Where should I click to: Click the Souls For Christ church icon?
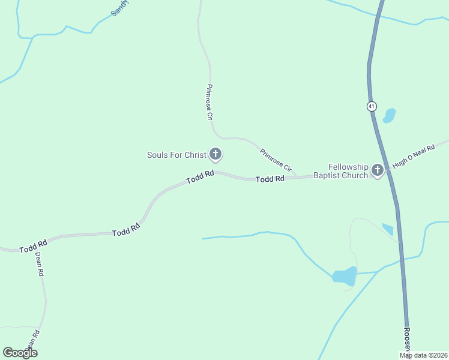click(x=215, y=155)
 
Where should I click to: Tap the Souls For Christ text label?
click(x=176, y=155)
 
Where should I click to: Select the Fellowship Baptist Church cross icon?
click(x=378, y=170)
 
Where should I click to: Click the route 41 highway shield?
click(x=372, y=106)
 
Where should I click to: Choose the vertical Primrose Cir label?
click(x=209, y=103)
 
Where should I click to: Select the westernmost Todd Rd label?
click(x=33, y=246)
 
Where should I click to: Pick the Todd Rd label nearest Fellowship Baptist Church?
click(x=270, y=179)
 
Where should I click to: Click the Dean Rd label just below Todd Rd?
click(x=39, y=263)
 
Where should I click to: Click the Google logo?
click(x=20, y=353)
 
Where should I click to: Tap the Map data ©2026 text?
click(x=424, y=355)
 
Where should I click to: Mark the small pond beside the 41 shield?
click(x=390, y=115)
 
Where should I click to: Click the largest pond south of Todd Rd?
click(x=345, y=276)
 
